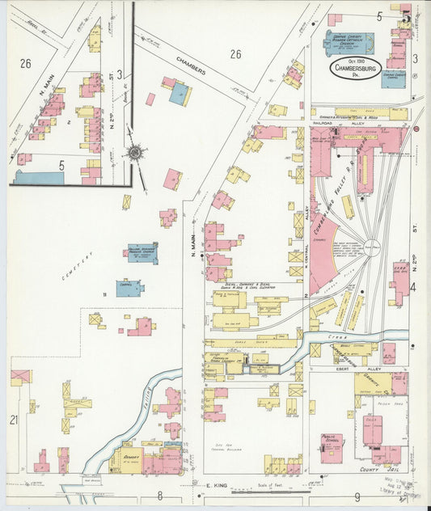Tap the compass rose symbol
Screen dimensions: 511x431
[x=134, y=152]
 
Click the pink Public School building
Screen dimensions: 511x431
[x=331, y=447]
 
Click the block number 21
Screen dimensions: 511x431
[x=14, y=419]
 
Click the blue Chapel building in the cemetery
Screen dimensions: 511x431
[x=129, y=287]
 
